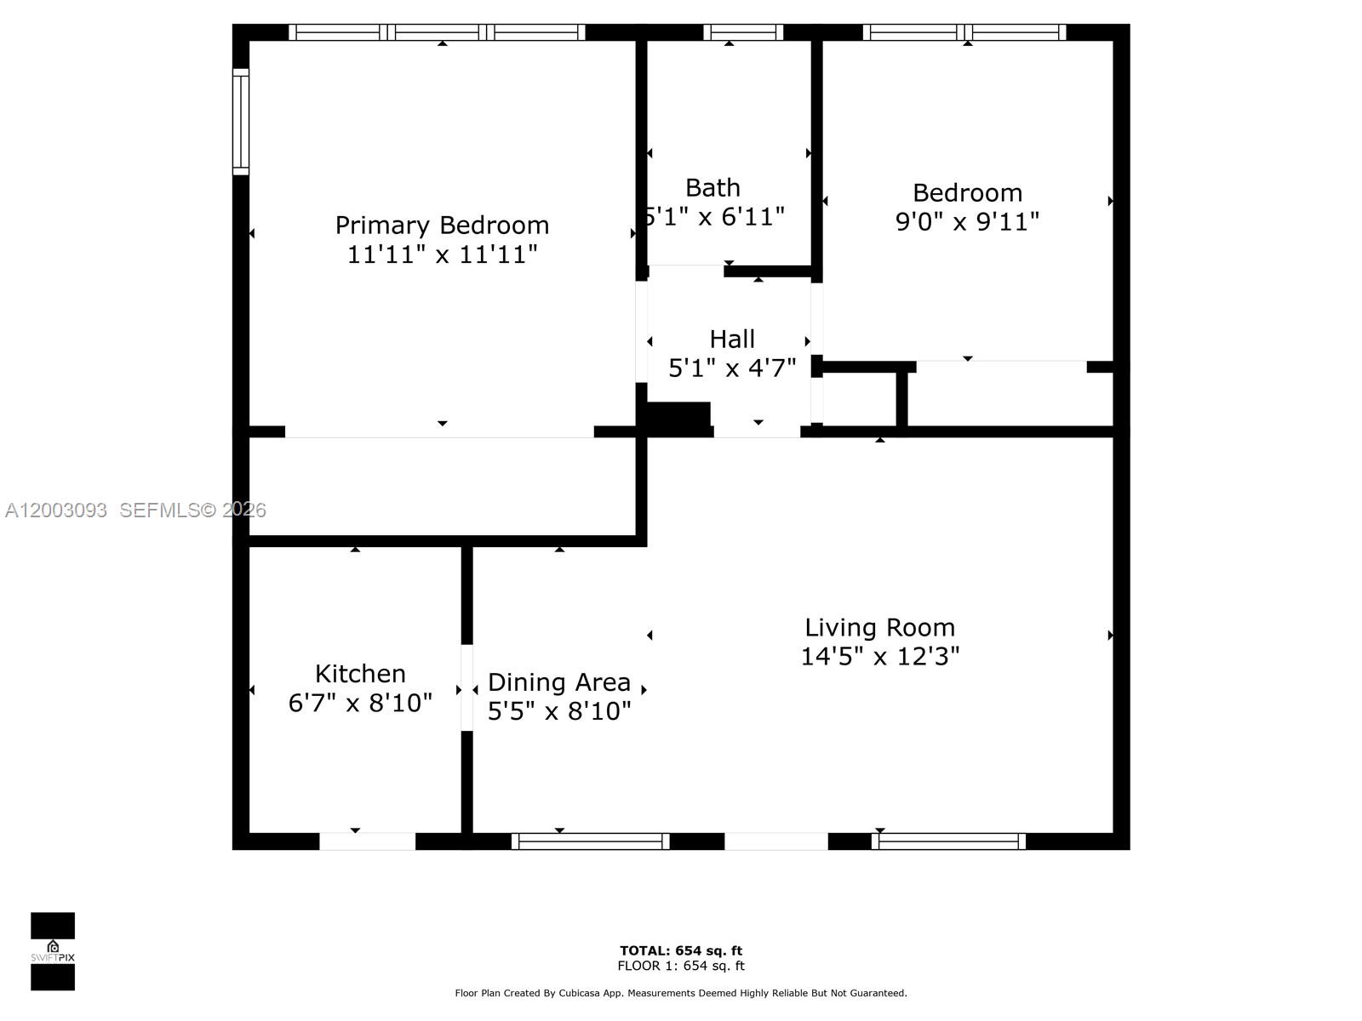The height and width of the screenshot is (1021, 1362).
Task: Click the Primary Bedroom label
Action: tap(442, 225)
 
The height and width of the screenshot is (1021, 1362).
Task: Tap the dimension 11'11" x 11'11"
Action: tap(442, 254)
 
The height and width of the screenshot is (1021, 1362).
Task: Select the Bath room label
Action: tap(712, 187)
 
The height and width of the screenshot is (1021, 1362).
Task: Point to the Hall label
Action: tap(732, 339)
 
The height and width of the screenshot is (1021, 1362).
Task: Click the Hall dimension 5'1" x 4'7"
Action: tap(732, 368)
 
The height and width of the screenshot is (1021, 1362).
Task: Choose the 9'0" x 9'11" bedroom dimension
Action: tap(967, 222)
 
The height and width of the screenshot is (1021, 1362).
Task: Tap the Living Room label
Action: tap(879, 628)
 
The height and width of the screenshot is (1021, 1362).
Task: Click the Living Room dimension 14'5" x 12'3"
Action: tap(879, 657)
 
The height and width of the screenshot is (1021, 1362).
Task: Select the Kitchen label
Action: tap(360, 674)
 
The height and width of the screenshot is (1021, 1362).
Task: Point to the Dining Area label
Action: tap(559, 682)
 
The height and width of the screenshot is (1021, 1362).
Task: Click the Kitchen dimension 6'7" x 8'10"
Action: tap(360, 704)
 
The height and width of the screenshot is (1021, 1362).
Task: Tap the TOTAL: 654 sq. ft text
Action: tap(681, 950)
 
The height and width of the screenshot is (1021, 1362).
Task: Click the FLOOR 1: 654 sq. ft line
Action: tap(681, 966)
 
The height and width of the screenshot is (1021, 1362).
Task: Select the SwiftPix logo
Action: tap(53, 951)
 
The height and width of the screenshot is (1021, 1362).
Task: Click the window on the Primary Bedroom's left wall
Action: tap(241, 122)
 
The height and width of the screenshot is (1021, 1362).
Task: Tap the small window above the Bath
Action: tap(743, 32)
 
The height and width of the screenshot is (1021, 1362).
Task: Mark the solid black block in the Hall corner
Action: tap(678, 417)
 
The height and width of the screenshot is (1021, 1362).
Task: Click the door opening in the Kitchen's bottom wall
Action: tap(367, 841)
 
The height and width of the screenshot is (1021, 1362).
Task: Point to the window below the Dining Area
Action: tap(591, 841)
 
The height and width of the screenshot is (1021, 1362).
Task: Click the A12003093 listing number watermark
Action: tap(56, 510)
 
